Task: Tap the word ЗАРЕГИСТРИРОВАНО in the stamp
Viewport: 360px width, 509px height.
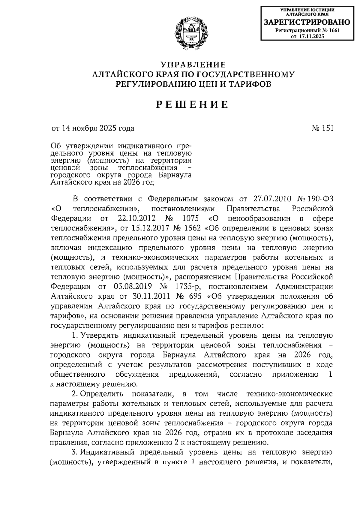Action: [307, 22]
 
